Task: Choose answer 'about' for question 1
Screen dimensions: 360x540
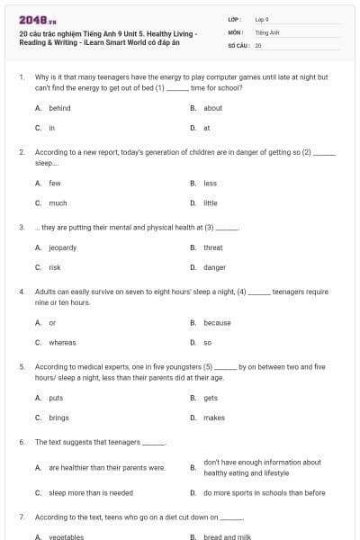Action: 212,108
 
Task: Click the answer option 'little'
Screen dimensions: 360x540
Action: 210,203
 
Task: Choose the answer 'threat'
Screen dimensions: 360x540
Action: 212,247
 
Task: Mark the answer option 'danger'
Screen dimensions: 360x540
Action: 214,267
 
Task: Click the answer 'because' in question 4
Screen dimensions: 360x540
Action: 217,322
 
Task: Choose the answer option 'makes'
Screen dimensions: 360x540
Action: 214,418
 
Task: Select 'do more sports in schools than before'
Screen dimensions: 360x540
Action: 265,492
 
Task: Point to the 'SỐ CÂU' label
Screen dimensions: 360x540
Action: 238,44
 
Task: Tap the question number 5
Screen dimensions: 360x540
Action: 22,367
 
